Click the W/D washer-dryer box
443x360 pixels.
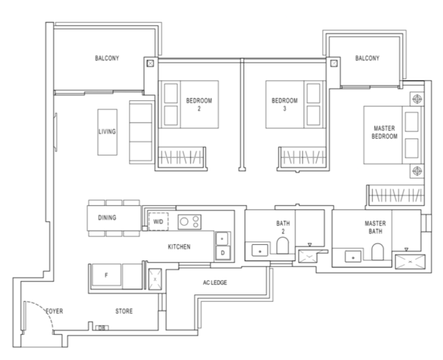[158, 221]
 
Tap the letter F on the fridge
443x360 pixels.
[106, 275]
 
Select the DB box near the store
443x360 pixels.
[102, 328]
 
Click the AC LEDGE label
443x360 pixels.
[215, 283]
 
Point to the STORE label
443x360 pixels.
[124, 311]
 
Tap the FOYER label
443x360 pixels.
[55, 311]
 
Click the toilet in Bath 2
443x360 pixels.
[282, 245]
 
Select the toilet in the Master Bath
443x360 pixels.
[377, 252]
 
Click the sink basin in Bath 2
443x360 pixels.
[260, 250]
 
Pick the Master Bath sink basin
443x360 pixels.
[353, 257]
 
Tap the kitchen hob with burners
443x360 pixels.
[190, 221]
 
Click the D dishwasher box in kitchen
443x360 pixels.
[223, 253]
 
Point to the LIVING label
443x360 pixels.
[107, 131]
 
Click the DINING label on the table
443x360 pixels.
[107, 218]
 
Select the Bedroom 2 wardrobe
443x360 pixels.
[181, 158]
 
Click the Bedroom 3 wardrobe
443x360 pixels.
[302, 158]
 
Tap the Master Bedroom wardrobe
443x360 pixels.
[396, 195]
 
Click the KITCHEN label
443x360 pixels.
[179, 247]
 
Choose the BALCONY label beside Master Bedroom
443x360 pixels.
[367, 58]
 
